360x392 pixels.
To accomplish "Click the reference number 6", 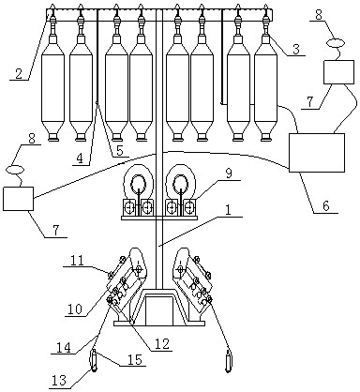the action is tap(326, 206).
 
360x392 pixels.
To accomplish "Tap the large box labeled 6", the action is tap(317, 153).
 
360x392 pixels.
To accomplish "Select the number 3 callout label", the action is tap(296, 50).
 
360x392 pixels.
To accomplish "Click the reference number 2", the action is tap(19, 74).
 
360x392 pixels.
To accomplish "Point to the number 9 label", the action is tap(229, 174).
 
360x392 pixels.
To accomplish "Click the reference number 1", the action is tap(228, 210).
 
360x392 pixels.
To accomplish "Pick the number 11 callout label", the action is tap(77, 261).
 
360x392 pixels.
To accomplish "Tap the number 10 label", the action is tap(74, 309).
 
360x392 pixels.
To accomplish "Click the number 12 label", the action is tap(162, 344).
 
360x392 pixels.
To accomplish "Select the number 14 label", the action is tap(64, 347).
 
